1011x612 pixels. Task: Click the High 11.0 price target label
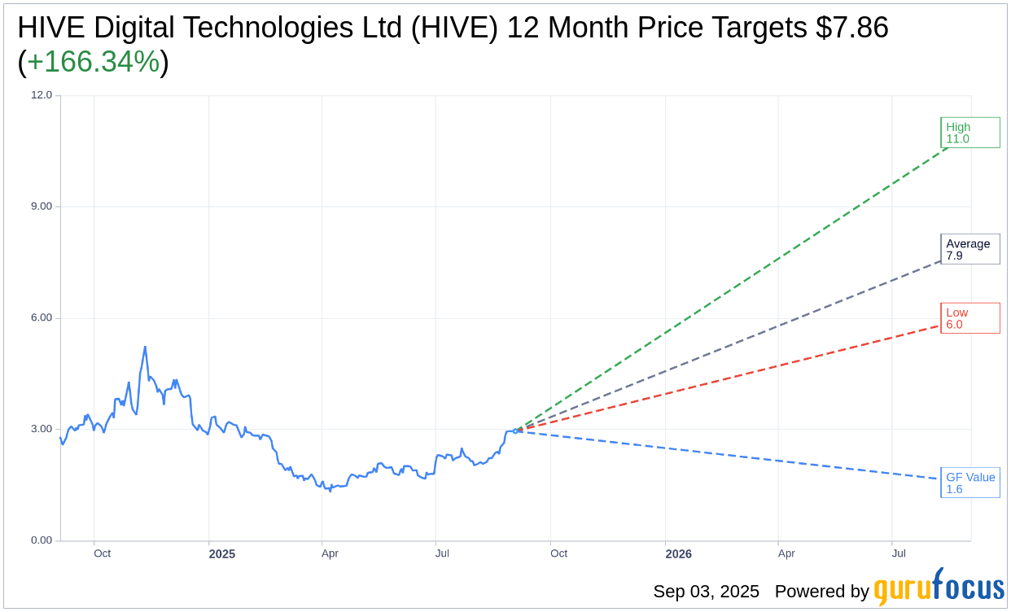(969, 133)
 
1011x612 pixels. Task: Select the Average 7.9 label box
(969, 249)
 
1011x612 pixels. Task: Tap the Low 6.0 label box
(969, 318)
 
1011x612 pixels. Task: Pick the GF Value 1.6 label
(969, 483)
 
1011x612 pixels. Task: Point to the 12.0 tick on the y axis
(42, 95)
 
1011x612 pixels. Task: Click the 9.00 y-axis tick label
(42, 207)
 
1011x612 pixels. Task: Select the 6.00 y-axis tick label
(42, 318)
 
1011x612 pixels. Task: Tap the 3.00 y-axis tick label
(42, 429)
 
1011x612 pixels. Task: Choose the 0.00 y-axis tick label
(42, 540)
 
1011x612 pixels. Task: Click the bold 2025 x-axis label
(221, 554)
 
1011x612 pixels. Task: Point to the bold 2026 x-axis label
(678, 554)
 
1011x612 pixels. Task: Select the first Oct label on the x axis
(102, 553)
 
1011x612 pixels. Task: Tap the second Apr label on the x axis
(786, 553)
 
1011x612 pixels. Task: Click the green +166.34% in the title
(93, 62)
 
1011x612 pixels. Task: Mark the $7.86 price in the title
(852, 28)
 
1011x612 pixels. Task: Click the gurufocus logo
(939, 588)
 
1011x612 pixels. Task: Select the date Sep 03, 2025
(706, 592)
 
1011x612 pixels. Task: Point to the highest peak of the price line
(145, 348)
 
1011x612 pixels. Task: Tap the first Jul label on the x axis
(442, 553)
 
